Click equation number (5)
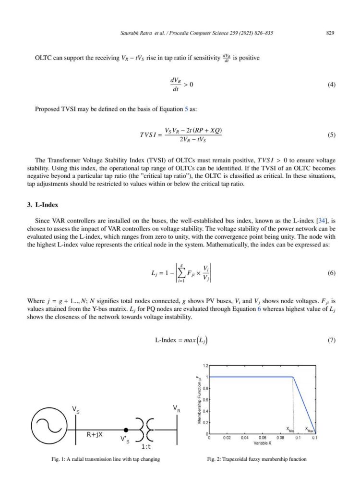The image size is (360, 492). (x=331, y=135)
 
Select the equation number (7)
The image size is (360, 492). (x=331, y=341)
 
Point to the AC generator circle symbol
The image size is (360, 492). (x=46, y=426)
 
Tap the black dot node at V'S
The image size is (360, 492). (x=126, y=430)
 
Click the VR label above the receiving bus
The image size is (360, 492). (x=177, y=408)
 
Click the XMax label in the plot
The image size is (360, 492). (x=310, y=426)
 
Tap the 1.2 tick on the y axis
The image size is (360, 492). (x=205, y=366)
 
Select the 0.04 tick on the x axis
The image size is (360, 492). (x=245, y=438)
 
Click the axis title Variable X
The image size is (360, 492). (x=262, y=443)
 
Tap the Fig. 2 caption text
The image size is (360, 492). (x=256, y=459)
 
